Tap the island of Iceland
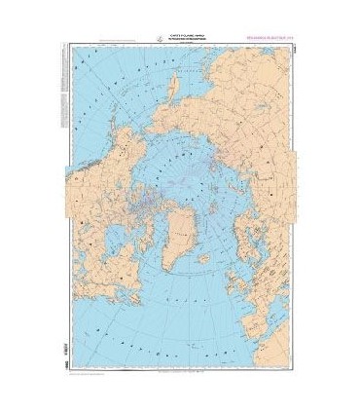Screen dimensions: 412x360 coord(203,258)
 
